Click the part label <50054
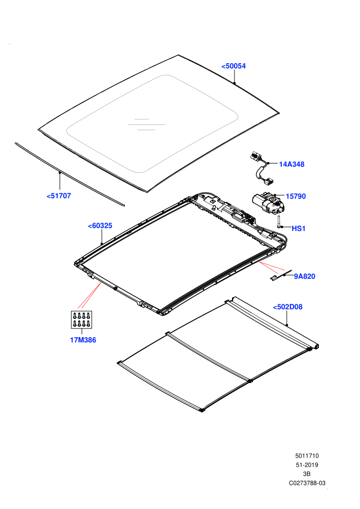click(233, 66)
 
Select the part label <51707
click(59, 196)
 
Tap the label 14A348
click(292, 164)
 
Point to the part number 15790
click(296, 196)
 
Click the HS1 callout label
click(299, 228)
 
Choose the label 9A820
click(304, 276)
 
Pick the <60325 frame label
click(100, 226)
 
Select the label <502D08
click(287, 307)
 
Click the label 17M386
click(83, 340)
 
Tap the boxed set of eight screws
click(81, 319)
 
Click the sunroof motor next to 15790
click(268, 203)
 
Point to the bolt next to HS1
click(279, 222)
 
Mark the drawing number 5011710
click(307, 456)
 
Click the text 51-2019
click(307, 465)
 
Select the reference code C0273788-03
click(307, 483)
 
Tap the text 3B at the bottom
click(307, 474)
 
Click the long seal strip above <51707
click(69, 174)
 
